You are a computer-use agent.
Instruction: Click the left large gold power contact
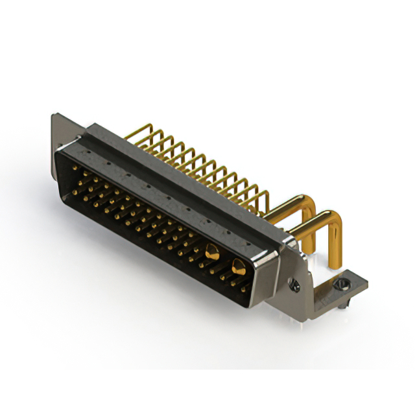[x=211, y=252]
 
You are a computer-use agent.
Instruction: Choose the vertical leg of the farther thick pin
[x=311, y=227]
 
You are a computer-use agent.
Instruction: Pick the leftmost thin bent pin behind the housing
[x=130, y=135]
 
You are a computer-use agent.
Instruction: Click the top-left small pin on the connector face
[x=73, y=166]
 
